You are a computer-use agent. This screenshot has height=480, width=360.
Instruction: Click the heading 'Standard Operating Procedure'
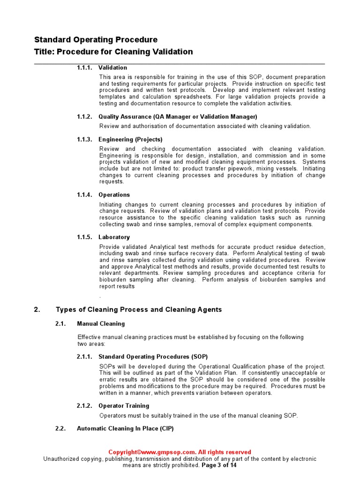point(96,40)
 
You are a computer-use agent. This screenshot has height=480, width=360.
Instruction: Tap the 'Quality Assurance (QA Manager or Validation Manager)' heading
point(178,117)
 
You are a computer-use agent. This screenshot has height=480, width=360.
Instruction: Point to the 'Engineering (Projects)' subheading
point(130,140)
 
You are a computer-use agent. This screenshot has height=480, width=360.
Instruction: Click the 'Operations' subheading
point(114,195)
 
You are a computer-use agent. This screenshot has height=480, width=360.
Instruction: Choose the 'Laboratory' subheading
point(114,237)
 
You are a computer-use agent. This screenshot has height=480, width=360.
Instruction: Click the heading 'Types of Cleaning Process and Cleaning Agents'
point(139,310)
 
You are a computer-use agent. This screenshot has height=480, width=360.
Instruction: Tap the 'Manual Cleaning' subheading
point(101,323)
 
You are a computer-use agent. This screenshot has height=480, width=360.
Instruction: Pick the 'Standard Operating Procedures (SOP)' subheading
point(153,357)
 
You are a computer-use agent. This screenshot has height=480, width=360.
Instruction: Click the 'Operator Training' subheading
point(124,406)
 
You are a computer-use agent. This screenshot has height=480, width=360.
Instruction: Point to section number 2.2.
point(60,428)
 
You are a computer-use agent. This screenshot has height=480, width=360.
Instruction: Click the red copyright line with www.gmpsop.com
point(180,452)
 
